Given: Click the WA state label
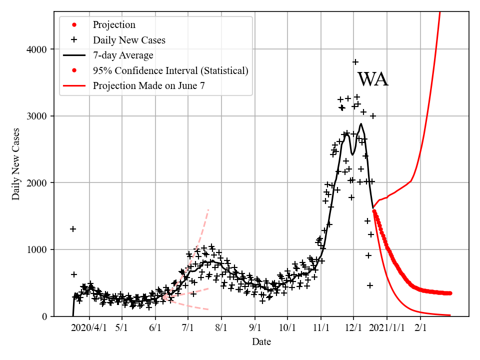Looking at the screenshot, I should pos(372,79).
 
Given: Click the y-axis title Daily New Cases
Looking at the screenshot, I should pos(16,164).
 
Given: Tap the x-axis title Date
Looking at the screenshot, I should pos(261,342).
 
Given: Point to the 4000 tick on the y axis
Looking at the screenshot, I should pos(37,49).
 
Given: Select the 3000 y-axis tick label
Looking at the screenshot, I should pos(37,116).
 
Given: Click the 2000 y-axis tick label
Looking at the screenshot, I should pos(37,183).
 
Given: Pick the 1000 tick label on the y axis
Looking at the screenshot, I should pos(37,249).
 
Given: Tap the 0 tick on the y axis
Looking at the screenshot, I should pos(44,316).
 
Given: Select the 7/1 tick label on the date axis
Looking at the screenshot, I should pos(188,328).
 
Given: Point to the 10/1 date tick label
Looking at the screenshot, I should pos(287,328).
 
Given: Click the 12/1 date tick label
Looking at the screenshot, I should pos(353,328).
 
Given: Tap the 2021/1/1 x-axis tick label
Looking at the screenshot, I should pos(386,328).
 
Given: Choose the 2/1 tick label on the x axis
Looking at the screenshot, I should pos(420,328).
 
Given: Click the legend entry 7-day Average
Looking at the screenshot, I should pos(123,55).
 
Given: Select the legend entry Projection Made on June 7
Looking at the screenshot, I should pos(148,85).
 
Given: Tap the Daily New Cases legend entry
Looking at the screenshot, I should pos(129,40).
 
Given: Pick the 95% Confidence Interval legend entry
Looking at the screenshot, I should pos(170,70).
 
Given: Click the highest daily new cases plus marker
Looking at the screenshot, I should pos(355,62).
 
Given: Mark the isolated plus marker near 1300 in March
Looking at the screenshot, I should pos(73,229).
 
